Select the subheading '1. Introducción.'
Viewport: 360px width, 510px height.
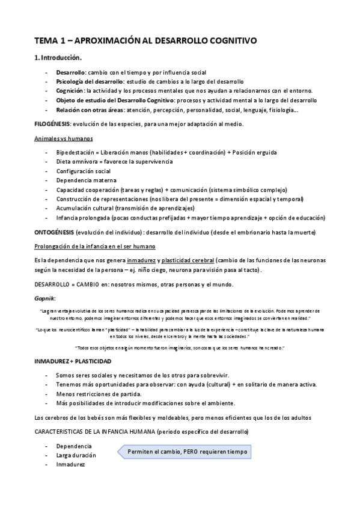(58, 58)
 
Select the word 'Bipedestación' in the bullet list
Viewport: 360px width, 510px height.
(75, 153)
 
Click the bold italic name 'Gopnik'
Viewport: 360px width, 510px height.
(45, 298)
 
